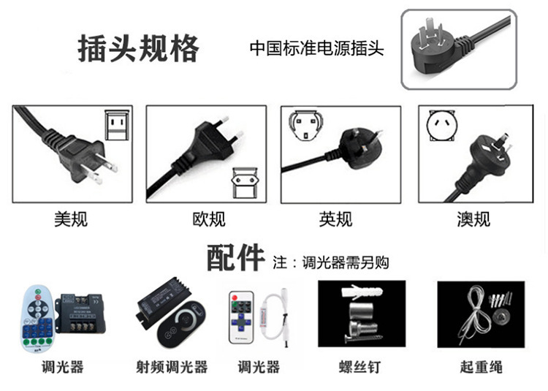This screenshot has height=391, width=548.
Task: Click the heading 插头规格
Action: pos(139,49)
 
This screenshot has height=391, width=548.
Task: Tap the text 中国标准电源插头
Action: pos(316,49)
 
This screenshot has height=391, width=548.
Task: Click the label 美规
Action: pos(71,219)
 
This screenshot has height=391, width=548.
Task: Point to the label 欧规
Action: pos(208,219)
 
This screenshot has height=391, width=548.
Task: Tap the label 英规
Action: pos(335,219)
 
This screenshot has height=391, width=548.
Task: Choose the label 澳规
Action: pos(473,219)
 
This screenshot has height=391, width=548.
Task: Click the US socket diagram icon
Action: pos(116,125)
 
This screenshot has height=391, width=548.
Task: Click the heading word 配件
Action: pos(235,258)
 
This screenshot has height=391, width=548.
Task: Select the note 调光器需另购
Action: pos(330,262)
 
